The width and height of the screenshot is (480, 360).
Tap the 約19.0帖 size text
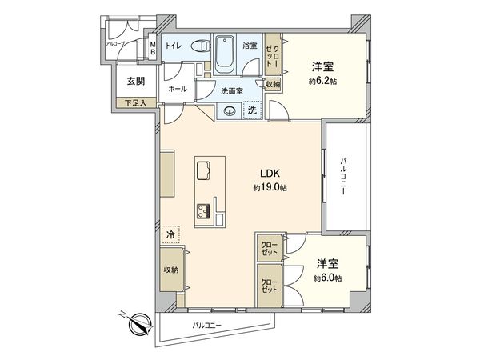pyautogui.click(x=267, y=187)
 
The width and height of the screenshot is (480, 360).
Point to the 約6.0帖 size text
pyautogui.click(x=327, y=278)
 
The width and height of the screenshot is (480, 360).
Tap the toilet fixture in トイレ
pyautogui.click(x=202, y=46)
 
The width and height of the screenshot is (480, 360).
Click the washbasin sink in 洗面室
pyautogui.click(x=229, y=111)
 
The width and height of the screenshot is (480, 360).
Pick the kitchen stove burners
pyautogui.click(x=201, y=211)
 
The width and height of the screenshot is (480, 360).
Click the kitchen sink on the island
pyautogui.click(x=203, y=171)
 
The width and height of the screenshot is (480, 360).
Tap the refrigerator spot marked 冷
pyautogui.click(x=169, y=235)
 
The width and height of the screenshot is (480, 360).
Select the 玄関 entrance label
pyautogui.click(x=135, y=81)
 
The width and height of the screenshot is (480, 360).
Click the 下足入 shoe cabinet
pyautogui.click(x=135, y=102)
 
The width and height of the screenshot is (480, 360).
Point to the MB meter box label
pyautogui.click(x=152, y=47)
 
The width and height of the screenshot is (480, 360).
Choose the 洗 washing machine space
pyautogui.click(x=252, y=110)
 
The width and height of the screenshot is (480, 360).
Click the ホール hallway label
pyautogui.click(x=177, y=90)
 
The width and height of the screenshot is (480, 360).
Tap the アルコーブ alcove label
pyautogui.click(x=118, y=43)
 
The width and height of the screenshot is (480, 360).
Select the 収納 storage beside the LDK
pyautogui.click(x=170, y=270)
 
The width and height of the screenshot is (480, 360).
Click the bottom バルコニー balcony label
pyautogui.click(x=206, y=326)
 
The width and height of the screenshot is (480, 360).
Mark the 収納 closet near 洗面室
pyautogui.click(x=272, y=84)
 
